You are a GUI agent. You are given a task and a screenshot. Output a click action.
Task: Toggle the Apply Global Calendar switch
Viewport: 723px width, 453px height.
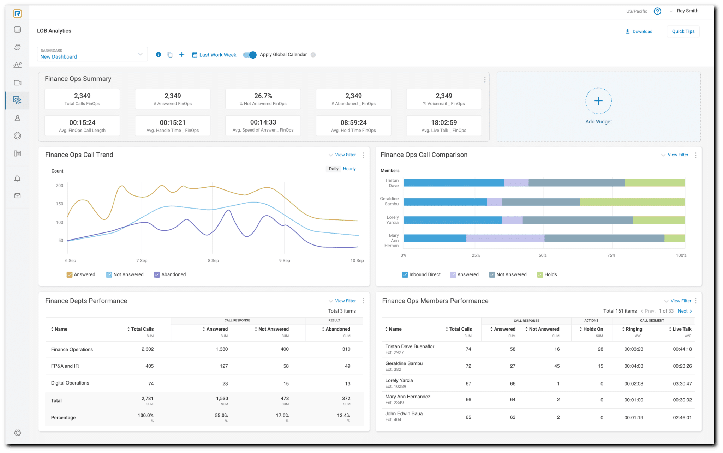pos(250,55)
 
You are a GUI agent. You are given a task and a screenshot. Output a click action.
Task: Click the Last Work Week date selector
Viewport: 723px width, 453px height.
pos(214,55)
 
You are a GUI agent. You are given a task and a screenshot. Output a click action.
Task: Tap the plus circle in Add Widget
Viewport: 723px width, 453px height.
pos(598,101)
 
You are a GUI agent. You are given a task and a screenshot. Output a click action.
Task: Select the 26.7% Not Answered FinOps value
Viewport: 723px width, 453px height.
pos(263,96)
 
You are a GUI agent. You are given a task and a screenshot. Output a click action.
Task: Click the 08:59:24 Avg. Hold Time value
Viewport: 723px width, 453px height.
pos(353,122)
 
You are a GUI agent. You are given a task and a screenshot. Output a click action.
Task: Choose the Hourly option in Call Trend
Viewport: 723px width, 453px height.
pos(349,169)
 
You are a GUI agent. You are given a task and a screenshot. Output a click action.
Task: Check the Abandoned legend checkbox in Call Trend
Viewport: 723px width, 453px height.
pos(157,274)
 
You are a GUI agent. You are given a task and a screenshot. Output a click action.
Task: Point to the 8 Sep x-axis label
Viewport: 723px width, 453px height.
pos(213,260)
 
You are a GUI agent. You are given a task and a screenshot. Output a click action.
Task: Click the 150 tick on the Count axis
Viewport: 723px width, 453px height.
pos(59,204)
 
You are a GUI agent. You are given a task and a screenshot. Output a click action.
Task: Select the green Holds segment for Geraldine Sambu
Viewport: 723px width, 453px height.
pos(632,202)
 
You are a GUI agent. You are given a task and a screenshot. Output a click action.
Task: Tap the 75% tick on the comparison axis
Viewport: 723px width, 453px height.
pos(611,255)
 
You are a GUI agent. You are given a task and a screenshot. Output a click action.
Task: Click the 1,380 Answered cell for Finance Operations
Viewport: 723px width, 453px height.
pos(222,349)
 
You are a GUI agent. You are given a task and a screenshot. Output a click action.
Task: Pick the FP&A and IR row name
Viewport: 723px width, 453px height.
pos(65,366)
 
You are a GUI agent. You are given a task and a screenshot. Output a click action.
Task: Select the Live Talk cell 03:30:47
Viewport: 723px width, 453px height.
pos(682,383)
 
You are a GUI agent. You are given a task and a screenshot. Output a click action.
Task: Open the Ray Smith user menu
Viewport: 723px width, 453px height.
pos(687,11)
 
